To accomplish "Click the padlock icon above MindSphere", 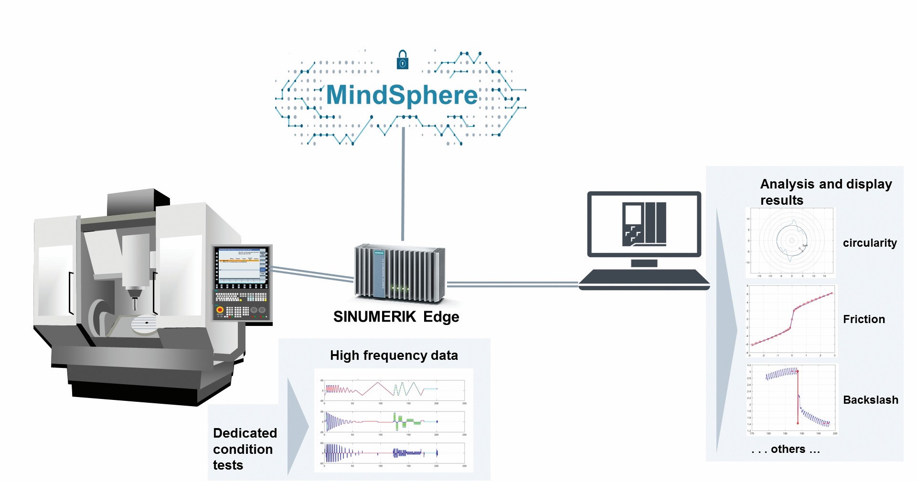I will click(x=403, y=60).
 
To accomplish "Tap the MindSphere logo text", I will click(x=402, y=95).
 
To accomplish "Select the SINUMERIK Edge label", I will click(x=396, y=317).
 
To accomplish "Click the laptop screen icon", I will click(x=644, y=224).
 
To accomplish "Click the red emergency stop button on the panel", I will click(x=220, y=310).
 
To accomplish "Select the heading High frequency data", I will click(x=394, y=356).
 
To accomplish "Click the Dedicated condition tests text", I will click(x=244, y=449).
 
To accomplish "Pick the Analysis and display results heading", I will click(x=825, y=191).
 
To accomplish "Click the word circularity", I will click(x=869, y=243).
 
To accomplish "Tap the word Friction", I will click(x=864, y=319).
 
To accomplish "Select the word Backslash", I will click(x=870, y=400).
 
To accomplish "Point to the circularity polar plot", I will click(x=790, y=242).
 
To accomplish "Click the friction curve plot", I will click(x=792, y=321).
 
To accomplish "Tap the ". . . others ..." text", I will click(x=785, y=450).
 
